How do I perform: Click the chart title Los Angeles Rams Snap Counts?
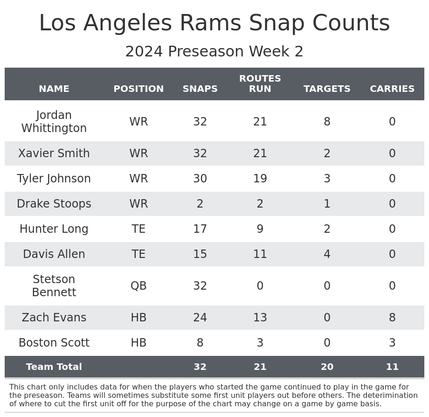(x=214, y=23)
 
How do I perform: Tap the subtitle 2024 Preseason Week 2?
(x=214, y=52)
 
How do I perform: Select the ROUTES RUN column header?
(x=260, y=84)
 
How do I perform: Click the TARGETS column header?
(x=327, y=89)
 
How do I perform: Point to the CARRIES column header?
(x=392, y=89)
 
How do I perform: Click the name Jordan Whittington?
(x=54, y=122)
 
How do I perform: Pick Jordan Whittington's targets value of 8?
(x=327, y=122)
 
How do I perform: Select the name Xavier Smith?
(x=54, y=153)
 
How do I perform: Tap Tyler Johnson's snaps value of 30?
(x=200, y=179)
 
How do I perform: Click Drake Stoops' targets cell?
(x=327, y=204)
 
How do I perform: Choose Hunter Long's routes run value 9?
(x=260, y=229)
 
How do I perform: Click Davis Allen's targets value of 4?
(x=327, y=254)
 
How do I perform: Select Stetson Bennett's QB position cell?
(x=138, y=286)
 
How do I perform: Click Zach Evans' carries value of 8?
(x=392, y=318)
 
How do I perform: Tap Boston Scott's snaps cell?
(x=200, y=343)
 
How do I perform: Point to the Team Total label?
(x=54, y=367)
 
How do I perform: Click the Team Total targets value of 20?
(x=327, y=367)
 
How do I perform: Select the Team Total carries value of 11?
(x=392, y=367)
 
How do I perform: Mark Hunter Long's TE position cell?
(x=138, y=229)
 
